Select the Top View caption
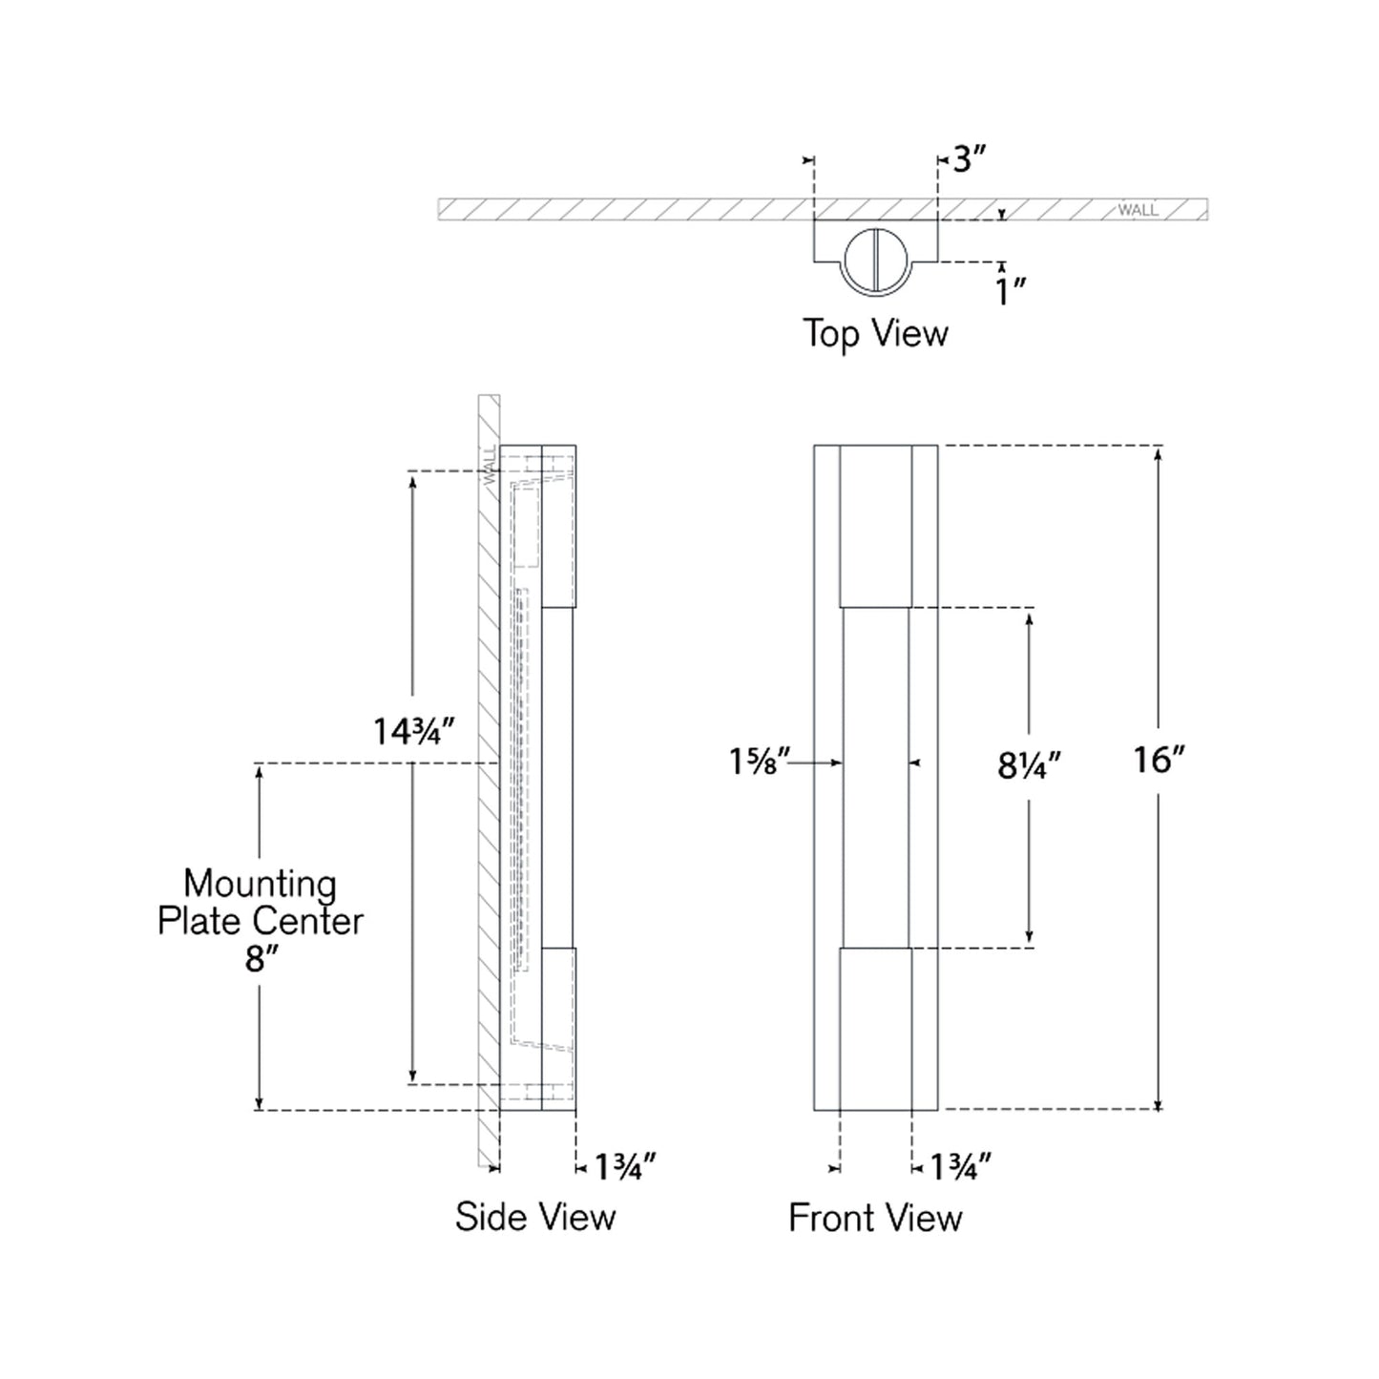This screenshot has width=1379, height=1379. (x=875, y=333)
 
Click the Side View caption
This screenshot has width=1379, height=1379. (x=535, y=1217)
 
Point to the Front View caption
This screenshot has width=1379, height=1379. (x=875, y=1218)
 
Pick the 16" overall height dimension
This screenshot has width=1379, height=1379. (x=1158, y=760)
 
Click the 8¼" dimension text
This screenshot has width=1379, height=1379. (x=1029, y=765)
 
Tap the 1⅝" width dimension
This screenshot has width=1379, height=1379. (x=760, y=762)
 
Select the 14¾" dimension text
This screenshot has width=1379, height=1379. (x=411, y=732)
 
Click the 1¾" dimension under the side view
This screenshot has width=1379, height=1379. (x=625, y=1166)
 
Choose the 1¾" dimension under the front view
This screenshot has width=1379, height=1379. (x=960, y=1166)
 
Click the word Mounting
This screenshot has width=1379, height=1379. (x=260, y=884)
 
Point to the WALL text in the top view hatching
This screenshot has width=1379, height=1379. (x=1138, y=210)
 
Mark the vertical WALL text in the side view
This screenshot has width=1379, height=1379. (x=490, y=466)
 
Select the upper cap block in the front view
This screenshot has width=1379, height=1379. (x=875, y=526)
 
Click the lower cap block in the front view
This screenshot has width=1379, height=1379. (x=875, y=1029)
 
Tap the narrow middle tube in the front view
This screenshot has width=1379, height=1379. (x=875, y=778)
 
